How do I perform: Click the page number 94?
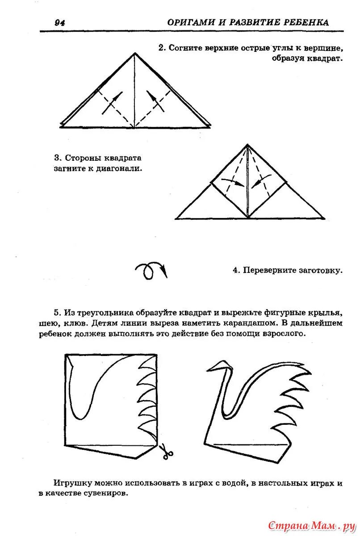59,23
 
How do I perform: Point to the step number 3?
57,158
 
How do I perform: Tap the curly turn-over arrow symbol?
151,270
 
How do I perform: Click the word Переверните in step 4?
270,270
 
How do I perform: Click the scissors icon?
167,452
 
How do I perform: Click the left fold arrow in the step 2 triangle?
113,102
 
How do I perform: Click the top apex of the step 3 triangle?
247,145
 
